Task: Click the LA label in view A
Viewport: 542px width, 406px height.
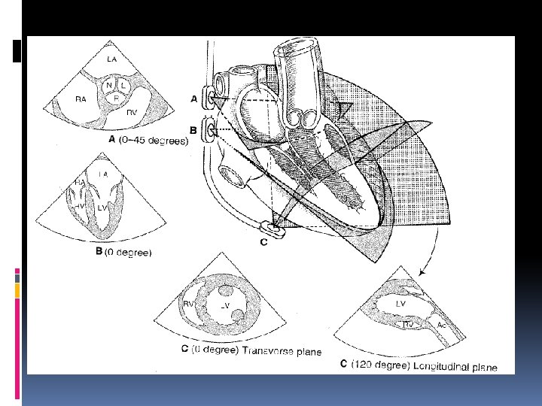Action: click(x=111, y=58)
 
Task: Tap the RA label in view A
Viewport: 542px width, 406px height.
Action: click(x=81, y=98)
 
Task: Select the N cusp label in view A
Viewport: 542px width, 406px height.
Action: click(x=110, y=86)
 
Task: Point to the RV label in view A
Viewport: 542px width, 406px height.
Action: click(x=132, y=112)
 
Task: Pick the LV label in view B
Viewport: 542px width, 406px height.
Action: click(x=101, y=207)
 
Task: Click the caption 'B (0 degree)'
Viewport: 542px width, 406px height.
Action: click(x=124, y=253)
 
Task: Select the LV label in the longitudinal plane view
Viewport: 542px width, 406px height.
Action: click(x=402, y=303)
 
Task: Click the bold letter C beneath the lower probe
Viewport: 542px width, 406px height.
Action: click(x=263, y=241)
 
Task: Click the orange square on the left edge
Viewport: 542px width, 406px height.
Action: click(x=17, y=289)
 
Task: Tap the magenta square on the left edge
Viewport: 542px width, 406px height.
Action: click(x=17, y=271)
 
